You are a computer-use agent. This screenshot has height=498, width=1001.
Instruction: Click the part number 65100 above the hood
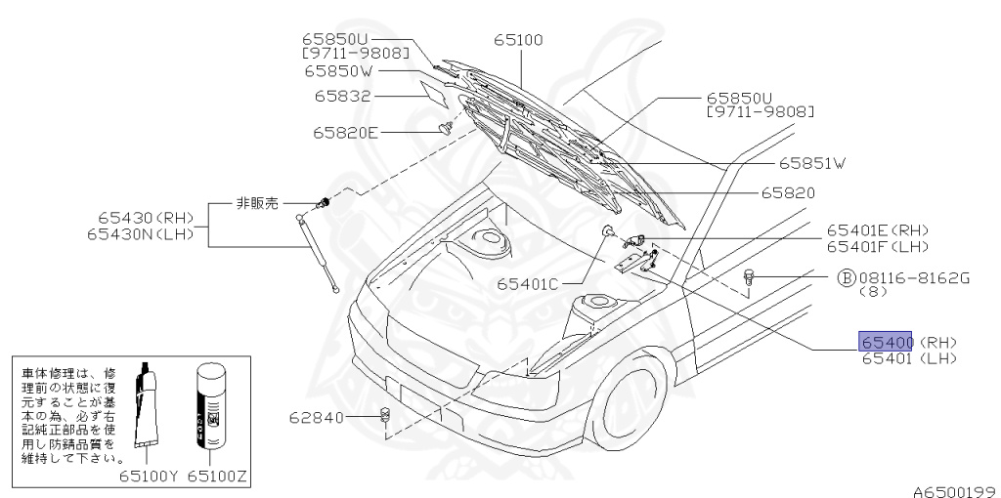pos(518,41)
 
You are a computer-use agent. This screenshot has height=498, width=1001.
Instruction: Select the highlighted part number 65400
pos(886,341)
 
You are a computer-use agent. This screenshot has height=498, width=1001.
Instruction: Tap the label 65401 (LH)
pos(908,359)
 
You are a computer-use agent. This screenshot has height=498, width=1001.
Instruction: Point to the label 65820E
pos(346,132)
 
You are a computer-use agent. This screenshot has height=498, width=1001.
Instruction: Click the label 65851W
pos(810,163)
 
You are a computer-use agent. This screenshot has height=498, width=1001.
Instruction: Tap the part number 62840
pos(317,418)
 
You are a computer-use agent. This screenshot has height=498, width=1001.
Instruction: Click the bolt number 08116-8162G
pos(914,277)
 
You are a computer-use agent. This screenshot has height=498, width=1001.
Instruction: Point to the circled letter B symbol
pos(847,277)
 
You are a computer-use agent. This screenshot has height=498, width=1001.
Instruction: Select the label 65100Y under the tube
pos(150,477)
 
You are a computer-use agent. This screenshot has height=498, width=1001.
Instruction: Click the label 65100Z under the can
pos(218,477)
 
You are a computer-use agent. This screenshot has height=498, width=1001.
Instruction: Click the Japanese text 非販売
pos(257,203)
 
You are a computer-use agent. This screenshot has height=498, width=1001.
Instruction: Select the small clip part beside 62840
pos(384,417)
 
